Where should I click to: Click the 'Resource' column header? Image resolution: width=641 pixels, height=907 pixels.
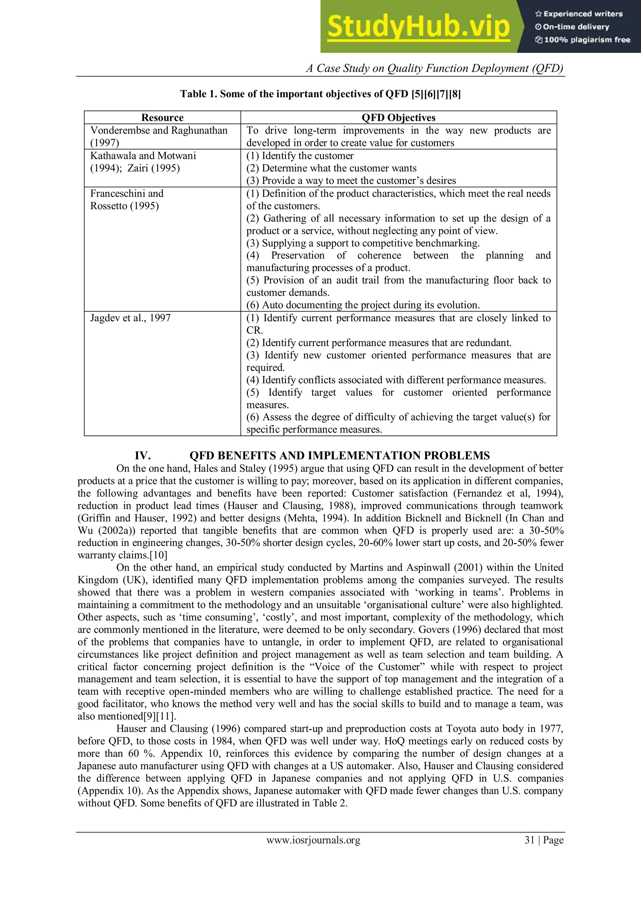tap(162, 118)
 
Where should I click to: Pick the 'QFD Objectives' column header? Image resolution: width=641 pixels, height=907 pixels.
tap(398, 118)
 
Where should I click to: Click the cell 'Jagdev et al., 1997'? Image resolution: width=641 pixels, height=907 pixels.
tap(130, 318)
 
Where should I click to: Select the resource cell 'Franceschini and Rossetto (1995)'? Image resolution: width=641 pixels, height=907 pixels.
tap(126, 199)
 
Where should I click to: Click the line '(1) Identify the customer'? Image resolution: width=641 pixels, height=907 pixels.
tap(300, 156)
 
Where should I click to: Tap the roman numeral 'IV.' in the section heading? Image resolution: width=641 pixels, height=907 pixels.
tap(143, 456)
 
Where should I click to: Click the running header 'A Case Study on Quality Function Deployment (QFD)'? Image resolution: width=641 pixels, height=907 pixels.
tap(434, 68)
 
